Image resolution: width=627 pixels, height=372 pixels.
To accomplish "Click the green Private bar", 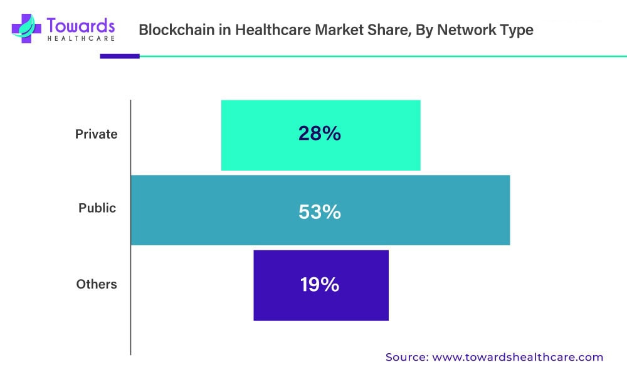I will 263,135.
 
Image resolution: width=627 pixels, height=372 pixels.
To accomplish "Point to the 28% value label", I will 319,133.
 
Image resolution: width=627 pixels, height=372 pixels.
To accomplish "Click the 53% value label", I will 319,212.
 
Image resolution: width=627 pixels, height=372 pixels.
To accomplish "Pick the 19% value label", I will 319,285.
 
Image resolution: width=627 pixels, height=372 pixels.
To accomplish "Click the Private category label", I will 96,134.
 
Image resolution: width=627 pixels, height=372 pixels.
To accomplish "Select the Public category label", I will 97,208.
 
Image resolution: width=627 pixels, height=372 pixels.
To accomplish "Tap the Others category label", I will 97,284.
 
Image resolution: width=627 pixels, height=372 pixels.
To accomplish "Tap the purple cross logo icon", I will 25,29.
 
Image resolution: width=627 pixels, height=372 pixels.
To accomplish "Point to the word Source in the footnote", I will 405,357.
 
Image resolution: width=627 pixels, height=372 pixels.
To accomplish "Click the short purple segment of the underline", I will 119,56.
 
